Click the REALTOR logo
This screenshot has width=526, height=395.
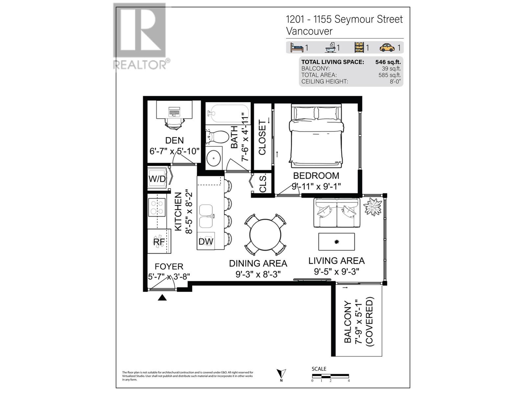click(x=141, y=36)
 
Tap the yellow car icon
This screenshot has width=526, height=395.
click(x=387, y=47)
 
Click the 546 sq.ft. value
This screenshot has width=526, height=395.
click(x=388, y=62)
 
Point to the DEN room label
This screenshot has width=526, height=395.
click(x=174, y=140)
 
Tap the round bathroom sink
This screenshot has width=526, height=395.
click(x=213, y=158)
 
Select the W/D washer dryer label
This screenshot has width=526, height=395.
click(x=157, y=179)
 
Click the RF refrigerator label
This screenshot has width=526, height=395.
click(x=159, y=242)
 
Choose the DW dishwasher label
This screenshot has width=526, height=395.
click(x=206, y=242)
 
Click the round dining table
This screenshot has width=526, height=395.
click(x=265, y=235)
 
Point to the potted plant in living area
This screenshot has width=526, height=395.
click(x=372, y=206)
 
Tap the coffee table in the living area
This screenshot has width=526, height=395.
click(x=336, y=242)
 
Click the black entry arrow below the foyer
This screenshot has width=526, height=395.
click(x=162, y=298)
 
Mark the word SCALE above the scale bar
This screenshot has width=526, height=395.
click(x=319, y=369)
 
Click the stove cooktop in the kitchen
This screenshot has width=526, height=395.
click(x=157, y=207)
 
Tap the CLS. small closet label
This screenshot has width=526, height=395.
click(x=263, y=184)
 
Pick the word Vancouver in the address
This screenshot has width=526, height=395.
click(x=309, y=31)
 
